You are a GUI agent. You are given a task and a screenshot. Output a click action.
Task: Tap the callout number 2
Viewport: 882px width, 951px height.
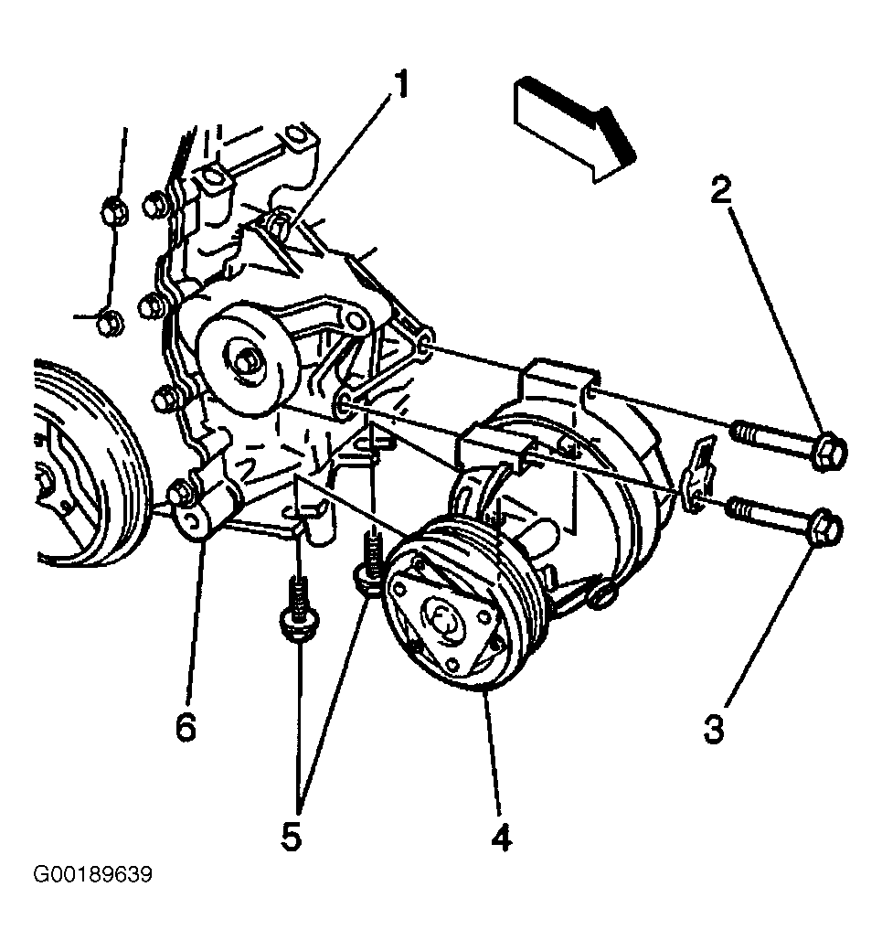coord(721,189)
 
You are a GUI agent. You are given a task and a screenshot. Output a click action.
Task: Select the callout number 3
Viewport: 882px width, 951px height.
coord(714,729)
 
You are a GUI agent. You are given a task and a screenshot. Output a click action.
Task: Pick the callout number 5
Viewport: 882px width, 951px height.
coord(291,836)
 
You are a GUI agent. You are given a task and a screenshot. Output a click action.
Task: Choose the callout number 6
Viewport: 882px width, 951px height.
coord(186,726)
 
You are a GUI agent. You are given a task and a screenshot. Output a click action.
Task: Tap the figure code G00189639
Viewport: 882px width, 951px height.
coord(92,875)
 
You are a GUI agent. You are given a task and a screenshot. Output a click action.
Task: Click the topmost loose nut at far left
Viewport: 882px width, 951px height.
coord(113,210)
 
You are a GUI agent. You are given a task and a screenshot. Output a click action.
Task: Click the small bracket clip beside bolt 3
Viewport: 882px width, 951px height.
coord(700,476)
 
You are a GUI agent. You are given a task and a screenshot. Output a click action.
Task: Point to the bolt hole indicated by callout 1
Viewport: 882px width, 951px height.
coord(279,224)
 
